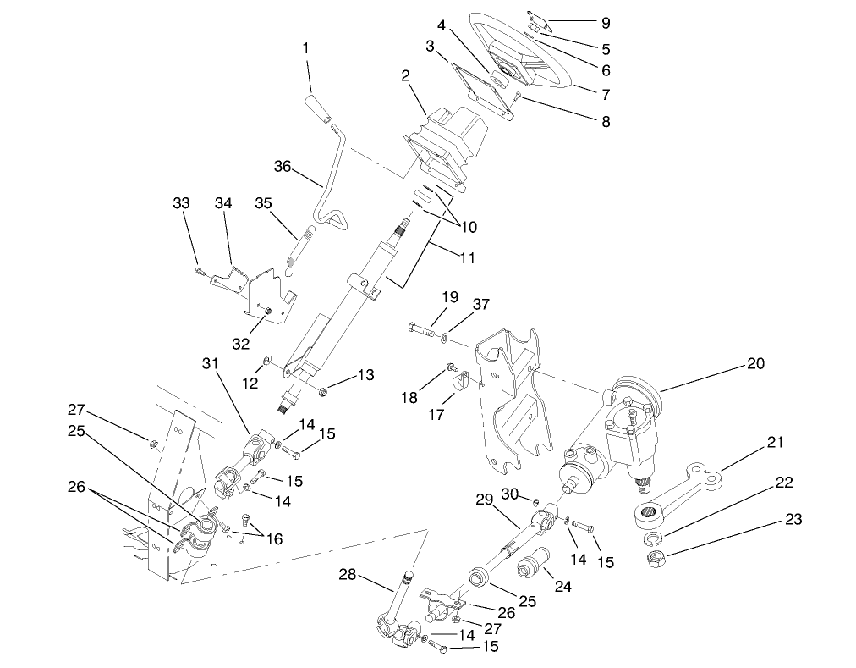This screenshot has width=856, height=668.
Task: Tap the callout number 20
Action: point(755,363)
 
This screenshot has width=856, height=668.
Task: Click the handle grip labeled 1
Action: point(316,107)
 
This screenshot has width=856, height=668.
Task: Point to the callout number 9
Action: point(605,23)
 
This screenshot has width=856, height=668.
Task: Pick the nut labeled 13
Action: point(325,390)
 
